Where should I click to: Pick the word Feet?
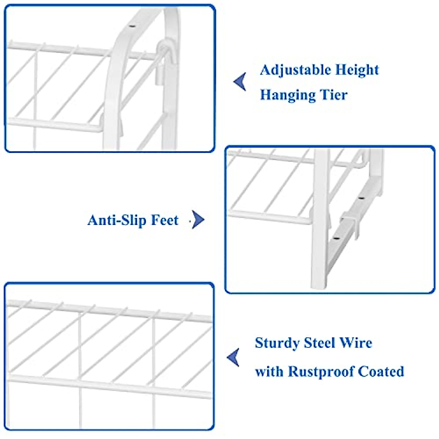[x=165, y=220]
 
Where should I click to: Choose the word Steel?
[x=319, y=343]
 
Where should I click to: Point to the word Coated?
[x=381, y=372]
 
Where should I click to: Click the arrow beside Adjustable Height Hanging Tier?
[x=240, y=81]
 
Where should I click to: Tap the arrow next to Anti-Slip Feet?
[x=198, y=220]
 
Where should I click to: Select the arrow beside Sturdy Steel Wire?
[x=233, y=357]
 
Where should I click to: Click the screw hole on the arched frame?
[x=132, y=26]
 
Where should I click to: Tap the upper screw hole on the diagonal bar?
[x=361, y=198]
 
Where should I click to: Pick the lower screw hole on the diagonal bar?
[x=335, y=239]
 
